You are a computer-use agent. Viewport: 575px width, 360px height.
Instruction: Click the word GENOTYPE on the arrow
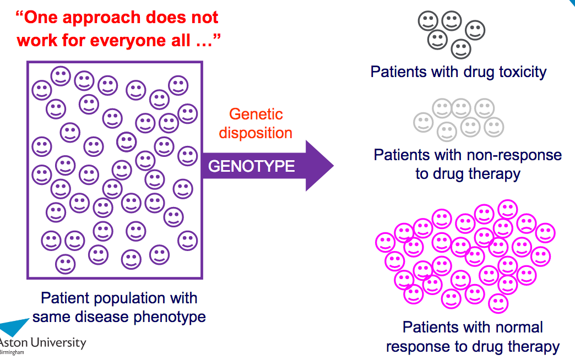(x=251, y=166)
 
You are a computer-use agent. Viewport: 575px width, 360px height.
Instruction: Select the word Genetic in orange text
(x=256, y=114)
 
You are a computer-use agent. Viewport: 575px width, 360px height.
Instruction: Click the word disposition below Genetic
(x=256, y=133)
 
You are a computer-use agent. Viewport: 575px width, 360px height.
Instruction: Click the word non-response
(x=514, y=155)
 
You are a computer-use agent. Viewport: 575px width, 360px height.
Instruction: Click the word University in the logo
(x=58, y=343)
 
